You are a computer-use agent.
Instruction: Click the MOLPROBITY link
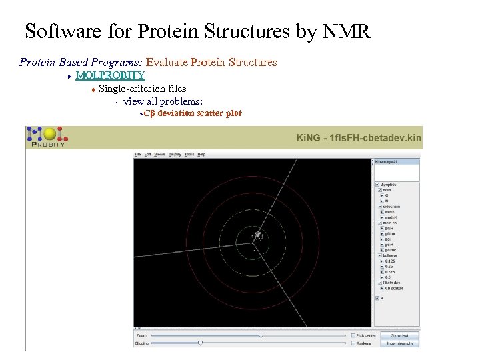click(x=110, y=75)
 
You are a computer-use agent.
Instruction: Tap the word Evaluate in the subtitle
click(x=167, y=62)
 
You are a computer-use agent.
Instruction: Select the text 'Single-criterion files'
click(x=142, y=88)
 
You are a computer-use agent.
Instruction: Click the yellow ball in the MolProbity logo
click(x=49, y=134)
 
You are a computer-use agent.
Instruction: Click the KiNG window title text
click(x=359, y=138)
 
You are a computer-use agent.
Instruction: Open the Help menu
click(x=201, y=154)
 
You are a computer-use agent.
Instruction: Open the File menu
click(x=138, y=154)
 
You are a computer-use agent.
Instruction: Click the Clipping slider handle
click(x=200, y=343)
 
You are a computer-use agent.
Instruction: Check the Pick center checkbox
click(x=353, y=335)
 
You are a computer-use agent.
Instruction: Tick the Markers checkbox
click(x=353, y=343)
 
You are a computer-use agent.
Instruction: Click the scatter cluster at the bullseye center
click(x=257, y=235)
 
